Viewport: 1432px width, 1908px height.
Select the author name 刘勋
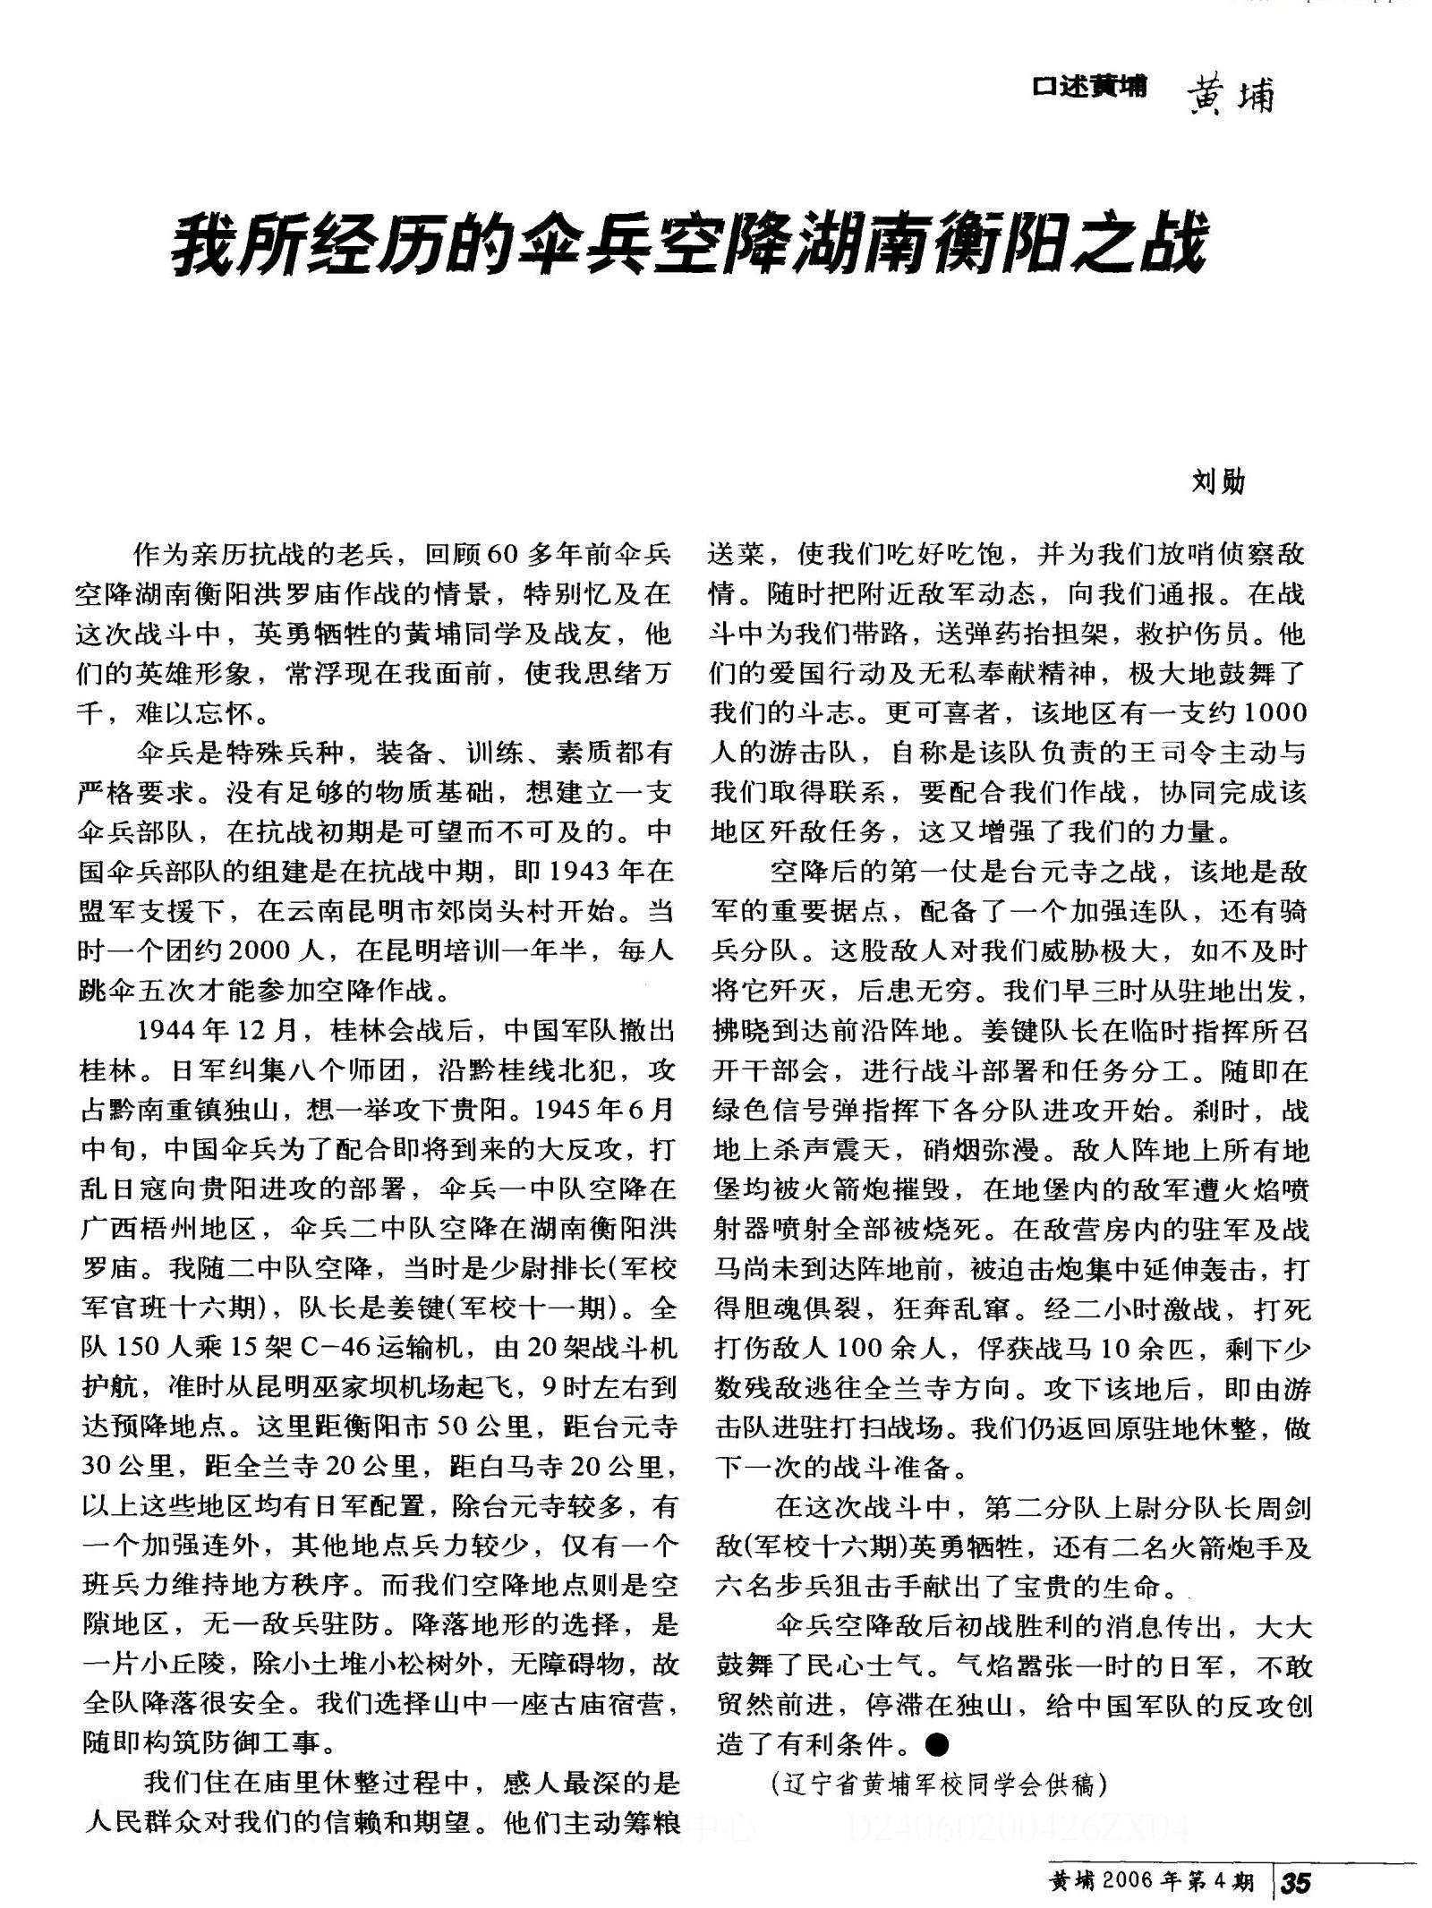(x=1218, y=482)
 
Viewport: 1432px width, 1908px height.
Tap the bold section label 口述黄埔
(x=1088, y=87)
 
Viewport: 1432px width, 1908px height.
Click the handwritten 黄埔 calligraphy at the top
(x=1230, y=93)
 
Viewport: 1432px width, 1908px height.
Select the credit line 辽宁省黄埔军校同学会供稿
(x=939, y=1784)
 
